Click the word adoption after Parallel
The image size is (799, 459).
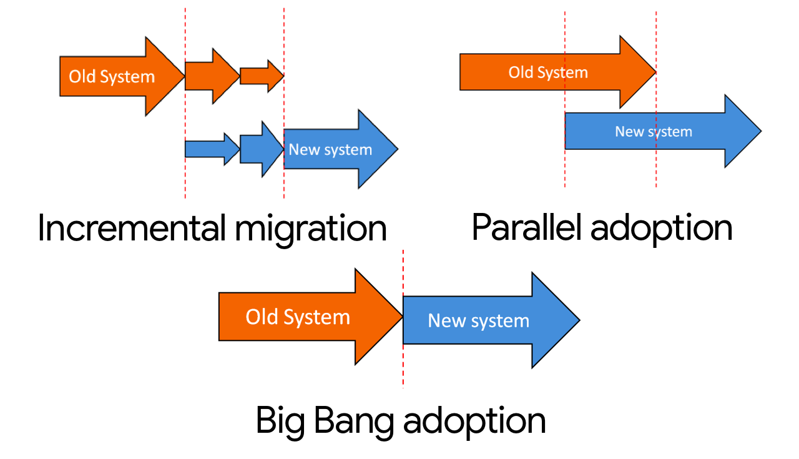(x=661, y=229)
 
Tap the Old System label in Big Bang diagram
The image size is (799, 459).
(x=298, y=317)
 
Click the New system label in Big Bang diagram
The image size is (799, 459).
(x=478, y=321)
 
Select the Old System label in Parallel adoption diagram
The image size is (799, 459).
(x=548, y=72)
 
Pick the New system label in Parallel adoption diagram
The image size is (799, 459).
(x=653, y=132)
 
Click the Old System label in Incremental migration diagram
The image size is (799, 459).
(x=112, y=77)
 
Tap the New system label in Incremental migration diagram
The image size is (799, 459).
(x=330, y=150)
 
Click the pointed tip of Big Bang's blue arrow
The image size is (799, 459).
(x=578, y=320)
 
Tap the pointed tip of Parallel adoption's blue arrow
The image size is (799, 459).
(x=760, y=131)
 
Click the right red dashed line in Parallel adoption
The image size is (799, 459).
(x=656, y=169)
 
